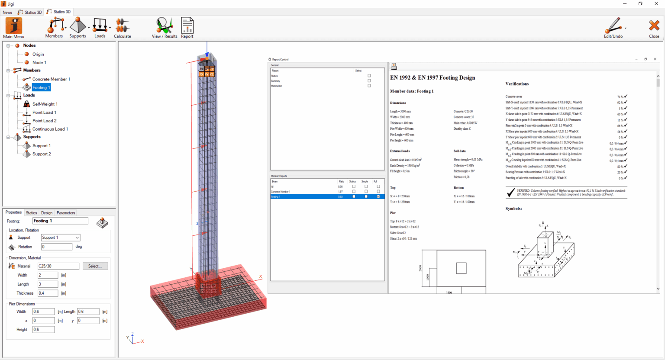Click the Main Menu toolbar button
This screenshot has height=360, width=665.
point(14,28)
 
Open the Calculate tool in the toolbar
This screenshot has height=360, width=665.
point(122,28)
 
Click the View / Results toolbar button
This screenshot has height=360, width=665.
point(165,28)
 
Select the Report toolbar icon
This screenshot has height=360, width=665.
point(187,28)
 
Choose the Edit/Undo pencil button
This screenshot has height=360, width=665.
point(613,28)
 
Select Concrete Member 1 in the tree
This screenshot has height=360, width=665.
point(51,79)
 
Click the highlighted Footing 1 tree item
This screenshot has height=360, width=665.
point(41,87)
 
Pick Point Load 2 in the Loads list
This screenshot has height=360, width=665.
point(44,121)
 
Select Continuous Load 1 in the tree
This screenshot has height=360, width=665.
point(50,129)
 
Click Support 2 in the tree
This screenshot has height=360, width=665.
point(42,154)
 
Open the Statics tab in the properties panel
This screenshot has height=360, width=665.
point(31,213)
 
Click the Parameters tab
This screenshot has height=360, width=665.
point(66,213)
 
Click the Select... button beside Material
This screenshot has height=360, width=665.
point(95,266)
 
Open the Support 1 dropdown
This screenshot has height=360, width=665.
point(61,238)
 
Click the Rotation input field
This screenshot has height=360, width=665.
point(57,247)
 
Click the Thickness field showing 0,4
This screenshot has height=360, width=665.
point(48,293)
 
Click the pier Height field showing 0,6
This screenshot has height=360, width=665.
point(43,330)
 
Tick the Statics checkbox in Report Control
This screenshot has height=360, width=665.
point(369,76)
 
